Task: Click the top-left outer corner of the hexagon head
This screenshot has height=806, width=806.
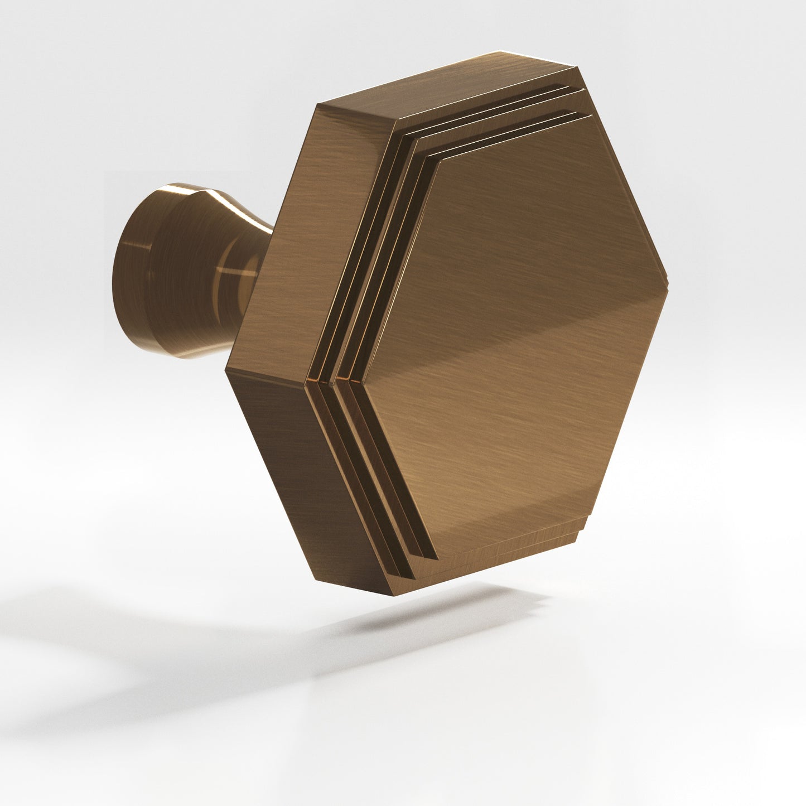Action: (x=317, y=104)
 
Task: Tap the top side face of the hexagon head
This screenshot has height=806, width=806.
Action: (x=446, y=89)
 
